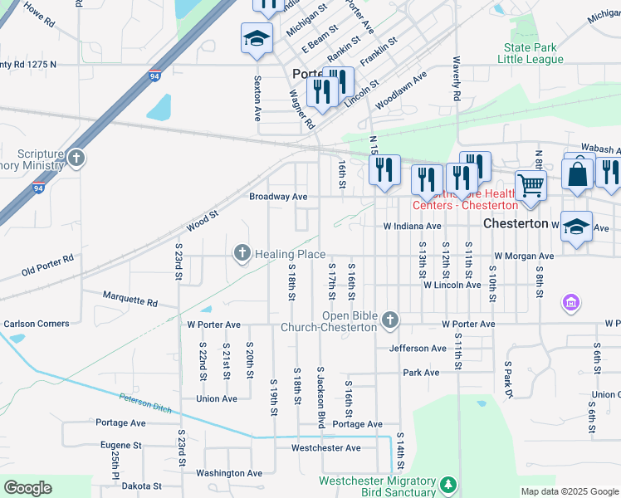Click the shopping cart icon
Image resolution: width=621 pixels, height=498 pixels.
pos(531,184)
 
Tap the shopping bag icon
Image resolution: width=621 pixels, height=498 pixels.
pos(577,173)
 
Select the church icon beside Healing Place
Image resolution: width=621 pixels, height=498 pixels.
pos(242,252)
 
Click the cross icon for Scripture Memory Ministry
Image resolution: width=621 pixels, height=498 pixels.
pos(76,158)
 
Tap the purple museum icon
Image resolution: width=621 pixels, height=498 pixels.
pos(570,304)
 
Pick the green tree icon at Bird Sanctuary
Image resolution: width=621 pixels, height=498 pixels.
pos(448,484)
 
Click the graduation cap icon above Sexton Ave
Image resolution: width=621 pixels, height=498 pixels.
pos(257,38)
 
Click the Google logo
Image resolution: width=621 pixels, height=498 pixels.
pos(27,487)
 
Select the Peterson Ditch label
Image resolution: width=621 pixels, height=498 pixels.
pos(148,404)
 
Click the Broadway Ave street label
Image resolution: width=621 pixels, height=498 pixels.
pos(278,197)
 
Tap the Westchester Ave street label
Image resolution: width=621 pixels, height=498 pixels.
pos(325,448)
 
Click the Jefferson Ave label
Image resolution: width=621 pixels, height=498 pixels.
pos(418,349)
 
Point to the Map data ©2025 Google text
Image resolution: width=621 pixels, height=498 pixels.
pos(569,491)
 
